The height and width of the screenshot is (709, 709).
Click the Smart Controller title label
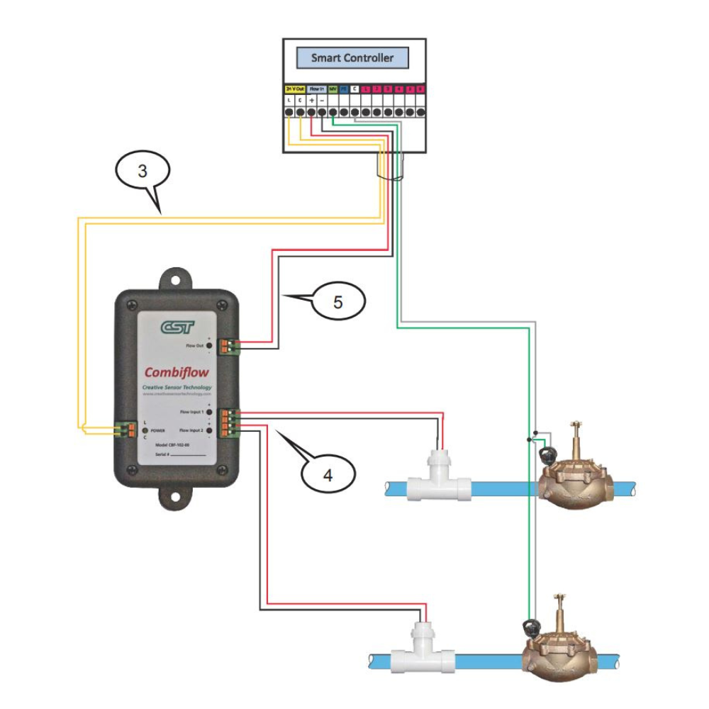pos(352,58)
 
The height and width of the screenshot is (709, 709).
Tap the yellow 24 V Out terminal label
pos(295,89)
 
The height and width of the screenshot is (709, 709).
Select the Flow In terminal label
pos(316,89)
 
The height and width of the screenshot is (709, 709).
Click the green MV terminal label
pos(333,89)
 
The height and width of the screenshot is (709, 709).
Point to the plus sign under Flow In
pos(311,101)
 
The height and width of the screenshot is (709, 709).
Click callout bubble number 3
pos(143,171)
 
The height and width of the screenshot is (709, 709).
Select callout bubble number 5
pos(337,302)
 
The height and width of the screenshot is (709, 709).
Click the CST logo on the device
pos(177,327)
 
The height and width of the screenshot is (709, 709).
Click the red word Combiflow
pos(177,372)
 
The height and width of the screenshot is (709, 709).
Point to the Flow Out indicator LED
pos(209,345)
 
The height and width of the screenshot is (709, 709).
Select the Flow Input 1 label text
pos(191,411)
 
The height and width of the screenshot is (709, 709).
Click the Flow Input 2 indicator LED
pos(210,430)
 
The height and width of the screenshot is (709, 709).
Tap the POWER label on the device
pos(157,430)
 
